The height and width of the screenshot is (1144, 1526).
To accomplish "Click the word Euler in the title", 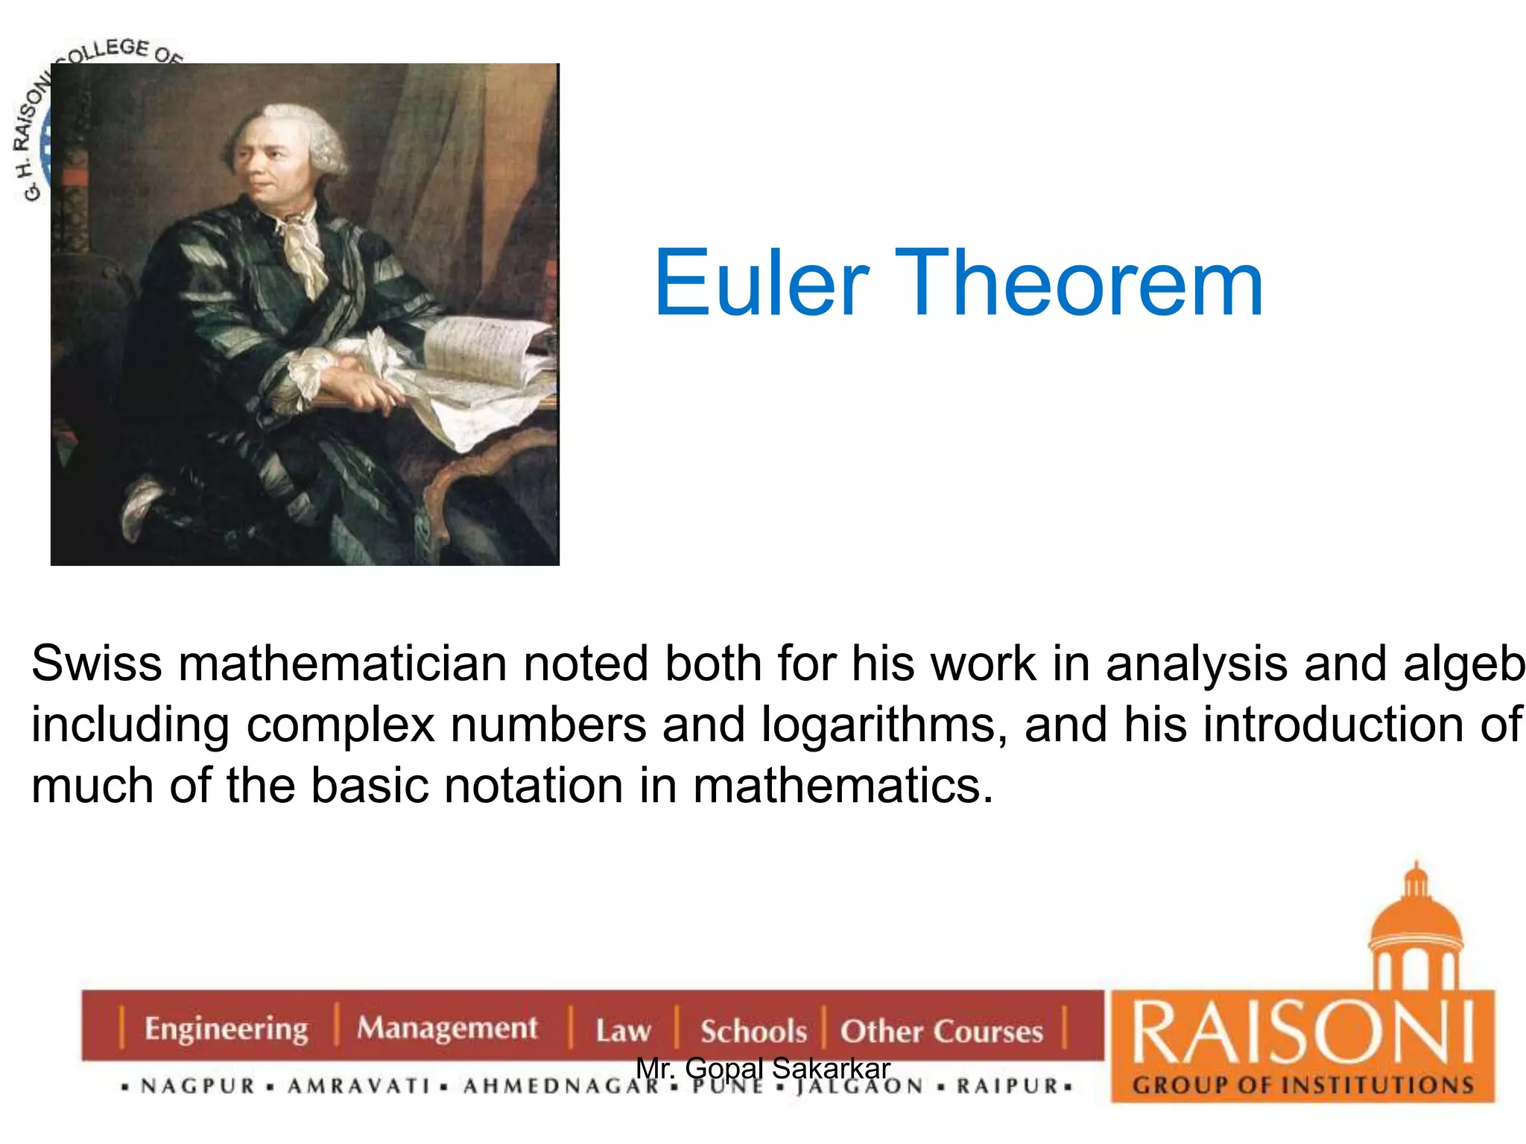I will pyautogui.click(x=761, y=284).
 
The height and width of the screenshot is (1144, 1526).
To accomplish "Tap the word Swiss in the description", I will pyautogui.click(x=97, y=664).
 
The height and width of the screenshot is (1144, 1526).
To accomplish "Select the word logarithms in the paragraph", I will pyautogui.click(x=877, y=725).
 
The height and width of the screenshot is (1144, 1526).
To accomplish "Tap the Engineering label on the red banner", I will pyautogui.click(x=226, y=1029).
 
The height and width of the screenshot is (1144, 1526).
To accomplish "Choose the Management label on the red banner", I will pyautogui.click(x=447, y=1028).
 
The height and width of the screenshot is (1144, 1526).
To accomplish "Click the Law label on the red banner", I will pyautogui.click(x=623, y=1031).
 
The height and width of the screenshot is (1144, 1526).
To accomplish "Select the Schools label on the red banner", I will pyautogui.click(x=753, y=1032).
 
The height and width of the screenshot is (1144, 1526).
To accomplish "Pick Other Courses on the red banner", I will pyautogui.click(x=941, y=1032).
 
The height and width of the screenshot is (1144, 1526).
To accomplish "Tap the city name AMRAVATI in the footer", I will pyautogui.click(x=359, y=1087).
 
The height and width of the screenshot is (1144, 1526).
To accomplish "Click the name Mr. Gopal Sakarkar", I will pyautogui.click(x=763, y=1069).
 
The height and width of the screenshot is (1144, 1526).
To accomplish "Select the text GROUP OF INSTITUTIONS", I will pyautogui.click(x=1302, y=1085).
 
